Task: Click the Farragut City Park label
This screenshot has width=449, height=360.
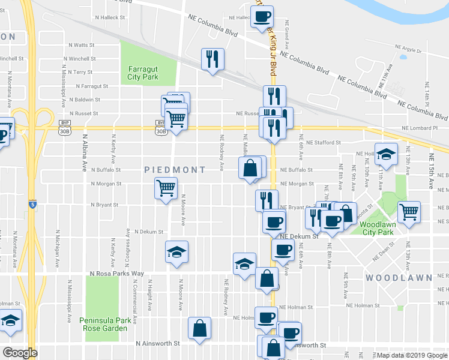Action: click(142, 73)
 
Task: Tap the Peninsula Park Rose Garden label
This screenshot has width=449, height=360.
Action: click(104, 325)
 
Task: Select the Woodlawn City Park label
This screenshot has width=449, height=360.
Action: click(376, 228)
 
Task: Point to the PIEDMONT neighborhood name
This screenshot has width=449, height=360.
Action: click(175, 170)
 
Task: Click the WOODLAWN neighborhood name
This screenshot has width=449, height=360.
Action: click(398, 278)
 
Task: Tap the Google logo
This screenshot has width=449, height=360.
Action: click(20, 353)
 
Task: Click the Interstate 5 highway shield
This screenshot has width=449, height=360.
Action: click(34, 205)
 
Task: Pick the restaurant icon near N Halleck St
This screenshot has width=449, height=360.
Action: click(212, 59)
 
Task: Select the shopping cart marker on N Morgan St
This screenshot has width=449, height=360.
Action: click(166, 188)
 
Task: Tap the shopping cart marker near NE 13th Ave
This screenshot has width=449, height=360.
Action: click(409, 212)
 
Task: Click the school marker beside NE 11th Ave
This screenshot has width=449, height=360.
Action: click(386, 154)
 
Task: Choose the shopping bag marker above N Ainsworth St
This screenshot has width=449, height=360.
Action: click(199, 328)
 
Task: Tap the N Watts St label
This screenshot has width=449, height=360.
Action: click(82, 45)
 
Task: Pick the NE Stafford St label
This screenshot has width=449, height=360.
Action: click(323, 143)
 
